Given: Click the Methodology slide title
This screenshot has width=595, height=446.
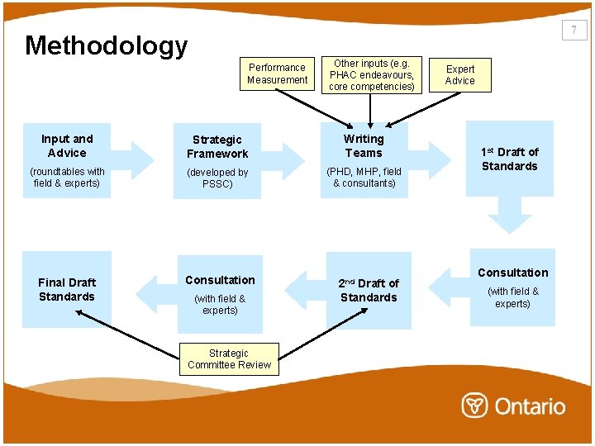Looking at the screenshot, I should click(106, 45).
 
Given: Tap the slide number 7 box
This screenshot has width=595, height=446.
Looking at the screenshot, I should click(574, 31).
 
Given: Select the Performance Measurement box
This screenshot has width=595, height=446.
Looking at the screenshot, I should click(277, 74).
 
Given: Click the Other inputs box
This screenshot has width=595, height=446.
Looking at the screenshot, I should click(372, 74).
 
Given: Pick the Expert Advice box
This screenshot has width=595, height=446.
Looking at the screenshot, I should click(460, 74).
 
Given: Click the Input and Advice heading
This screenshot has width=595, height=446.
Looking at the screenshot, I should click(67, 145).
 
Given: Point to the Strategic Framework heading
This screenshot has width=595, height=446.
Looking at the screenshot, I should click(217, 146).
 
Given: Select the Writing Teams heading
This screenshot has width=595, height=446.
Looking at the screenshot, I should click(364, 145).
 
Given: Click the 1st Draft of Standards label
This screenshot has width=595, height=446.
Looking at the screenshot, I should click(509, 159).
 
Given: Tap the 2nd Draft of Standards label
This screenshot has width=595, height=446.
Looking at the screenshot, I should click(369, 290).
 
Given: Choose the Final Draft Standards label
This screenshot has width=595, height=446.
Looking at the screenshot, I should click(67, 289).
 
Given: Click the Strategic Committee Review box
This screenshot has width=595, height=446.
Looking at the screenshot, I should click(229, 359).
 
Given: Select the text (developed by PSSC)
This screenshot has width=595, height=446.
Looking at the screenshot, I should click(217, 178).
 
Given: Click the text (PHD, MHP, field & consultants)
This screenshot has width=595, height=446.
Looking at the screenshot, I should click(364, 177).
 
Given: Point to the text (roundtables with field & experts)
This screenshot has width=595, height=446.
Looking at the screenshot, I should click(67, 177).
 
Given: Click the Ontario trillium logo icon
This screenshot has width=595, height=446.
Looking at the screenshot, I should click(474, 406).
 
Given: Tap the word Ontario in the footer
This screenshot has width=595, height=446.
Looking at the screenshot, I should click(530, 406).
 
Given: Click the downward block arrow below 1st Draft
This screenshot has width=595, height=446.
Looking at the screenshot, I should click(509, 216).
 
